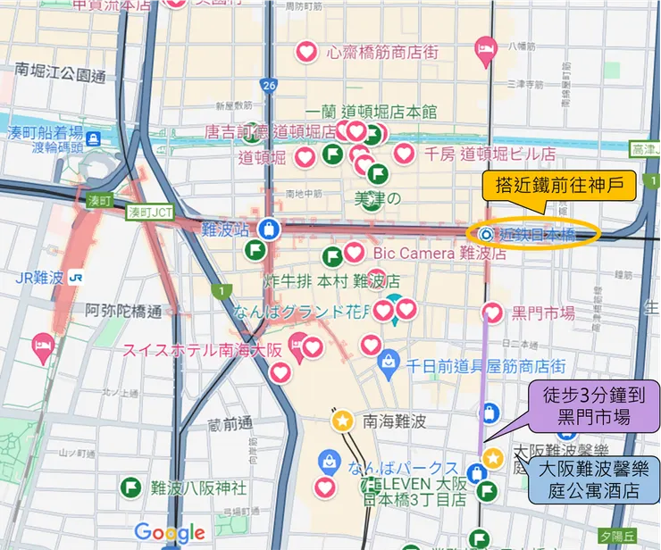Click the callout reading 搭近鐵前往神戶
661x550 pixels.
click(x=559, y=187)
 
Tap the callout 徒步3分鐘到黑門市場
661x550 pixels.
click(x=594, y=405)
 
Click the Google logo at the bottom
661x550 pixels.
click(x=170, y=533)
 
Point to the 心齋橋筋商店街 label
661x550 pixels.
click(x=382, y=53)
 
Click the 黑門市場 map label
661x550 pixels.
click(x=542, y=312)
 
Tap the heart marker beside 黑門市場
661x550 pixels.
click(x=491, y=312)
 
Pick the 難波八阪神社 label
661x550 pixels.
click(x=198, y=487)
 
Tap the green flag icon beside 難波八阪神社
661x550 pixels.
click(x=130, y=487)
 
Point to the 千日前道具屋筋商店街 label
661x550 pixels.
click(x=487, y=366)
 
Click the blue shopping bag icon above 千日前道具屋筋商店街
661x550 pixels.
click(x=388, y=361)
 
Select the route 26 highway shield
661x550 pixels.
click(x=269, y=86)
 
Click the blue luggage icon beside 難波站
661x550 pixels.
click(x=270, y=229)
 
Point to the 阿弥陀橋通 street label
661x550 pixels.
click(x=124, y=312)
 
